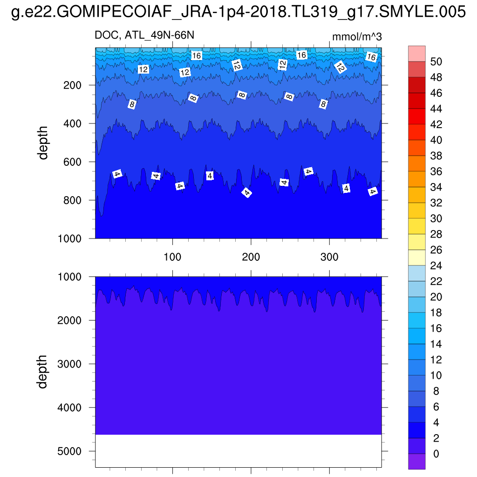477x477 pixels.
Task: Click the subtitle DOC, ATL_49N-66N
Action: (144, 35)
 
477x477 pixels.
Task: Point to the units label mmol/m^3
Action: (357, 37)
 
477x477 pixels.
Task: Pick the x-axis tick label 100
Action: (173, 257)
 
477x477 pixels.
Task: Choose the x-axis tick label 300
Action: (329, 257)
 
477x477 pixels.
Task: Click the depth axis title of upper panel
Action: (43, 143)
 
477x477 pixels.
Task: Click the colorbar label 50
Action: (436, 61)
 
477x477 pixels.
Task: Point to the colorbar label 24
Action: (436, 266)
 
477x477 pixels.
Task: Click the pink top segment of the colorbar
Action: (417, 53)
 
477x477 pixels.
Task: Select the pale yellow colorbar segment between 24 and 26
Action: (417, 258)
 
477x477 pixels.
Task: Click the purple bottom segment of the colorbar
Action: (417, 462)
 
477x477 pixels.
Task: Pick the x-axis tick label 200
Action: (251, 257)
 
